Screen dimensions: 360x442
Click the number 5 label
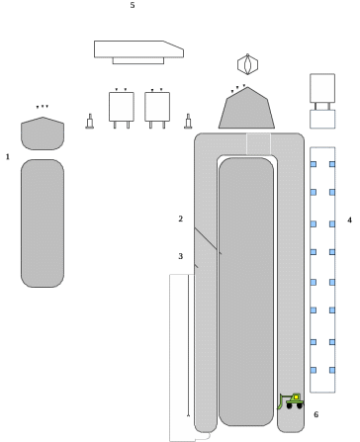tap(133, 5)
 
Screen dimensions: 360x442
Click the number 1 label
tap(8, 157)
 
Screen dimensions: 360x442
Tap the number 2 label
tap(180, 219)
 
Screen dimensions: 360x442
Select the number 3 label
tap(180, 256)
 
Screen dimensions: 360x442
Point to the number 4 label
tap(349, 220)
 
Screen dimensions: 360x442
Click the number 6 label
tap(315, 414)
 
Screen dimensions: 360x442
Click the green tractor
tap(291, 401)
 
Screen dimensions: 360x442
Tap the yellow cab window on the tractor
tap(296, 398)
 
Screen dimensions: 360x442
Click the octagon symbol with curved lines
tap(247, 64)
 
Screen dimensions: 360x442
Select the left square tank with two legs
tap(122, 109)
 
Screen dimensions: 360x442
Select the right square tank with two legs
tap(157, 109)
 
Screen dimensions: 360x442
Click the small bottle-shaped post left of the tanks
tap(90, 122)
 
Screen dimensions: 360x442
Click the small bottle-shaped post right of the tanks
tap(188, 122)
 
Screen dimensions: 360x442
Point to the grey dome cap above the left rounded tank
tap(43, 133)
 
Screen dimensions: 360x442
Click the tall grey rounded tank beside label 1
tap(43, 223)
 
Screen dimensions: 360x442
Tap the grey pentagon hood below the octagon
tap(246, 109)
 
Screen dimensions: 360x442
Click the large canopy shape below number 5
tap(138, 51)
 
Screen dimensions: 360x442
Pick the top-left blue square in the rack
tap(314, 164)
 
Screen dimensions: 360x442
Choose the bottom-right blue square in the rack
tap(332, 370)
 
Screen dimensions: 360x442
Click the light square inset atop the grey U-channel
tap(258, 144)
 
